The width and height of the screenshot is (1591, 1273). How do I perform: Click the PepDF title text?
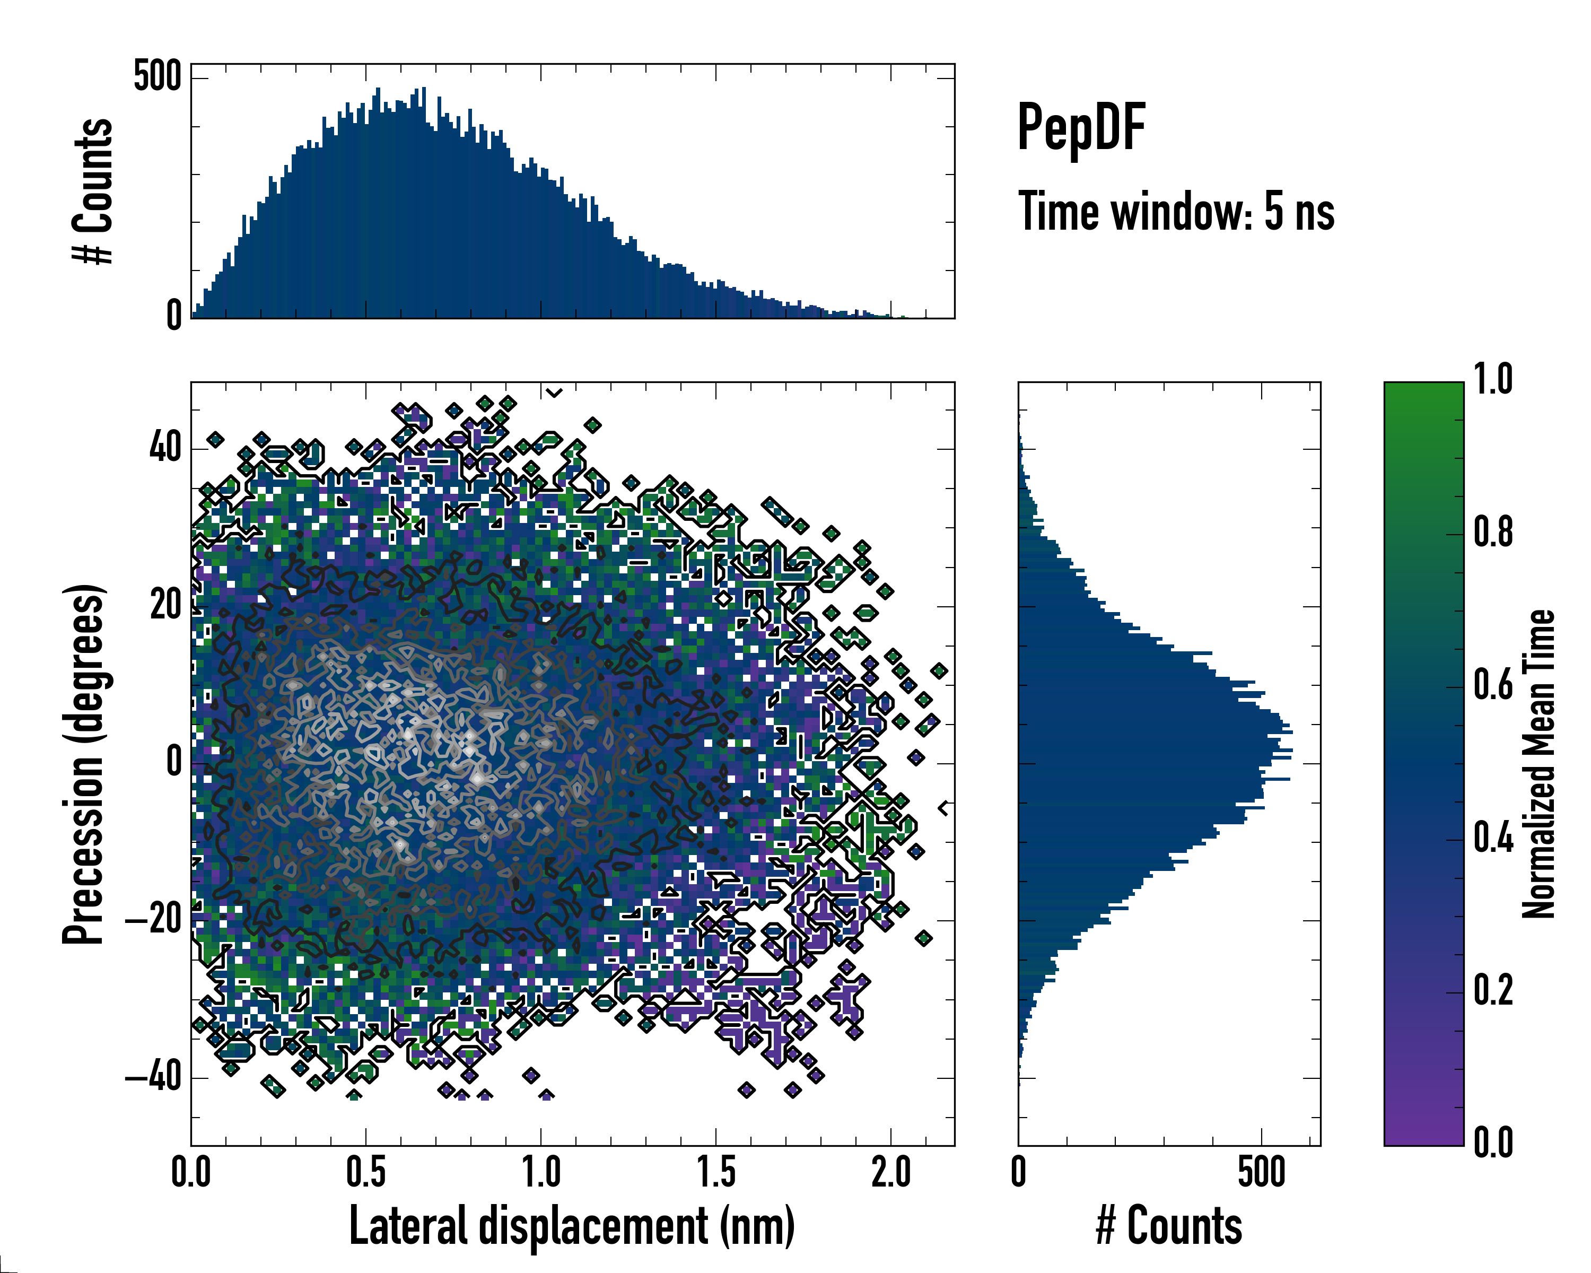point(1080,128)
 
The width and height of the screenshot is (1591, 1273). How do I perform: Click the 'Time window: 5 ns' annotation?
point(1176,212)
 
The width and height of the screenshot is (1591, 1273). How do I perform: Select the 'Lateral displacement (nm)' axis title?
point(572,1226)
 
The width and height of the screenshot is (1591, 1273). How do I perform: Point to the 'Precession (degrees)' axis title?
point(83,764)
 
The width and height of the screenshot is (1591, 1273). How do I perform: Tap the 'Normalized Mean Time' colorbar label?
point(1538,764)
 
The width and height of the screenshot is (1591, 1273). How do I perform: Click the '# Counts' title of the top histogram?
point(93,191)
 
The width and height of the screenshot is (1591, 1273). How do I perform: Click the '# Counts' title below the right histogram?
point(1169,1226)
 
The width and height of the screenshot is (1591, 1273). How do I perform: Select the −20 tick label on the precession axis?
point(153,920)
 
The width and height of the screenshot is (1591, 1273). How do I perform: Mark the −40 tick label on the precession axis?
point(153,1077)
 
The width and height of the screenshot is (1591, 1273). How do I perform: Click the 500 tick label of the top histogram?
point(156,77)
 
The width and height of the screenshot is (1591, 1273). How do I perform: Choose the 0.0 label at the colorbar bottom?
point(1493,1143)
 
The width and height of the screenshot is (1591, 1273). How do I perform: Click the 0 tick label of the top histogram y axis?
point(174,316)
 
